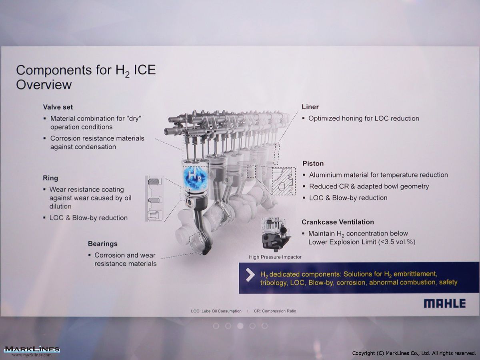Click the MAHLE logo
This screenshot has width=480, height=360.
point(445,304)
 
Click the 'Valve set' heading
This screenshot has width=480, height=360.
point(58,107)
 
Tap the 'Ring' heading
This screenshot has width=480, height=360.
point(50,178)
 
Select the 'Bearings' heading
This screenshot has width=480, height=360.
point(102,244)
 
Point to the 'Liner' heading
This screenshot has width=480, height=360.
point(310,107)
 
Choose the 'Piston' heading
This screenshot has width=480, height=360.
point(313,164)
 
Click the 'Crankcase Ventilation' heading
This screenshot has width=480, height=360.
point(338,222)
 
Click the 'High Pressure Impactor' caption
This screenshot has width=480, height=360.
point(275,257)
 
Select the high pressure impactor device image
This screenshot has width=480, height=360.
point(276,234)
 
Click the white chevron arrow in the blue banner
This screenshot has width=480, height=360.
point(250,275)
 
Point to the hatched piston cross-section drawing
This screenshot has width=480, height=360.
point(283,181)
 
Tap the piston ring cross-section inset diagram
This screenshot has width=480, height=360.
point(154,198)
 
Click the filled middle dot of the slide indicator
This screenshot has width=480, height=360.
point(240,326)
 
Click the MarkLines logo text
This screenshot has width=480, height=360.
point(32,350)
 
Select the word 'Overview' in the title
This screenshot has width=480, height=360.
point(44,84)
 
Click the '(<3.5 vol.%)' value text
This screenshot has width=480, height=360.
point(396,242)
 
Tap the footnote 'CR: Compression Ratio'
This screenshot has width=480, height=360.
point(275,311)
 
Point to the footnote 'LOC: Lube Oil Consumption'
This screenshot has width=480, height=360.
point(216,311)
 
